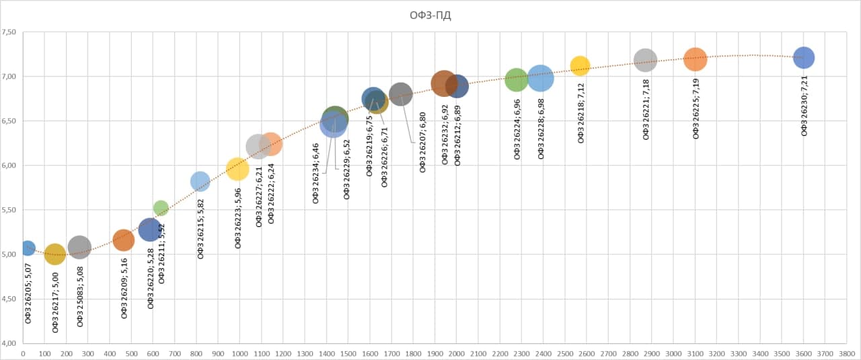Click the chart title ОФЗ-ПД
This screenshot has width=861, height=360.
[430, 16]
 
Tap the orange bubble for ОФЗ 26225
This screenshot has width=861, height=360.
[695, 59]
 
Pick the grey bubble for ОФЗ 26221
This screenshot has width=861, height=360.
[645, 60]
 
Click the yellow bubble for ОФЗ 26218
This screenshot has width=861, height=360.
[580, 65]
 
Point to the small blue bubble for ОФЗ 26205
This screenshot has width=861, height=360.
[28, 248]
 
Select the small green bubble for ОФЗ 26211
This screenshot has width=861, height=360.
[161, 208]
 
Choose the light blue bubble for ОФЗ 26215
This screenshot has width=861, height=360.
[200, 181]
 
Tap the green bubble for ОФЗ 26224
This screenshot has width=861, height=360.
[516, 79]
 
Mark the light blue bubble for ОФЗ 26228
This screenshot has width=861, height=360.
[540, 78]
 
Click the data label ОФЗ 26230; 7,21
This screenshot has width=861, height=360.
[804, 103]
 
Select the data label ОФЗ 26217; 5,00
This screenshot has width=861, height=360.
[55, 299]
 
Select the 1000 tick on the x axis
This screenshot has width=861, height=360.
[239, 353]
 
